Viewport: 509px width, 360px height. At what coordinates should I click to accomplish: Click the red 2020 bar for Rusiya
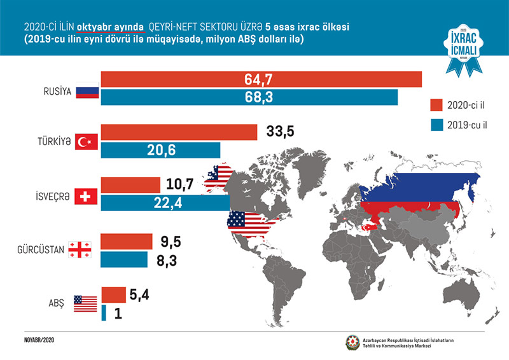[261, 80]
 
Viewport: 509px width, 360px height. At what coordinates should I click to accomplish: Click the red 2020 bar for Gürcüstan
[127, 242]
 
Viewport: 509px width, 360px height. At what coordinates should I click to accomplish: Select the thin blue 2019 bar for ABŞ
[103, 313]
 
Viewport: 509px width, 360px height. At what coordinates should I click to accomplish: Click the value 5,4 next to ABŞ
[144, 295]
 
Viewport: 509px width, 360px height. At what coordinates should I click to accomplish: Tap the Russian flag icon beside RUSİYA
[85, 91]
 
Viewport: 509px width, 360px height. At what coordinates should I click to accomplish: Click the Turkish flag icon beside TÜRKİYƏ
[85, 142]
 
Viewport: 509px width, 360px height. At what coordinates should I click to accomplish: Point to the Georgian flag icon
[80, 250]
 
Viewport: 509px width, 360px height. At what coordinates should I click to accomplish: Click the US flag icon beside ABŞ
[85, 303]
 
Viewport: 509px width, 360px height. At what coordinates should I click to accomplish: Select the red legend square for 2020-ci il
[436, 104]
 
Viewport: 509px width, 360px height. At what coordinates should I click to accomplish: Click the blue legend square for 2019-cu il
[436, 125]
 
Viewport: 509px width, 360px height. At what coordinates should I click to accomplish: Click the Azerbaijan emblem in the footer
[352, 342]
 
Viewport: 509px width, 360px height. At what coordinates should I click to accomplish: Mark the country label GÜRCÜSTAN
[39, 250]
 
